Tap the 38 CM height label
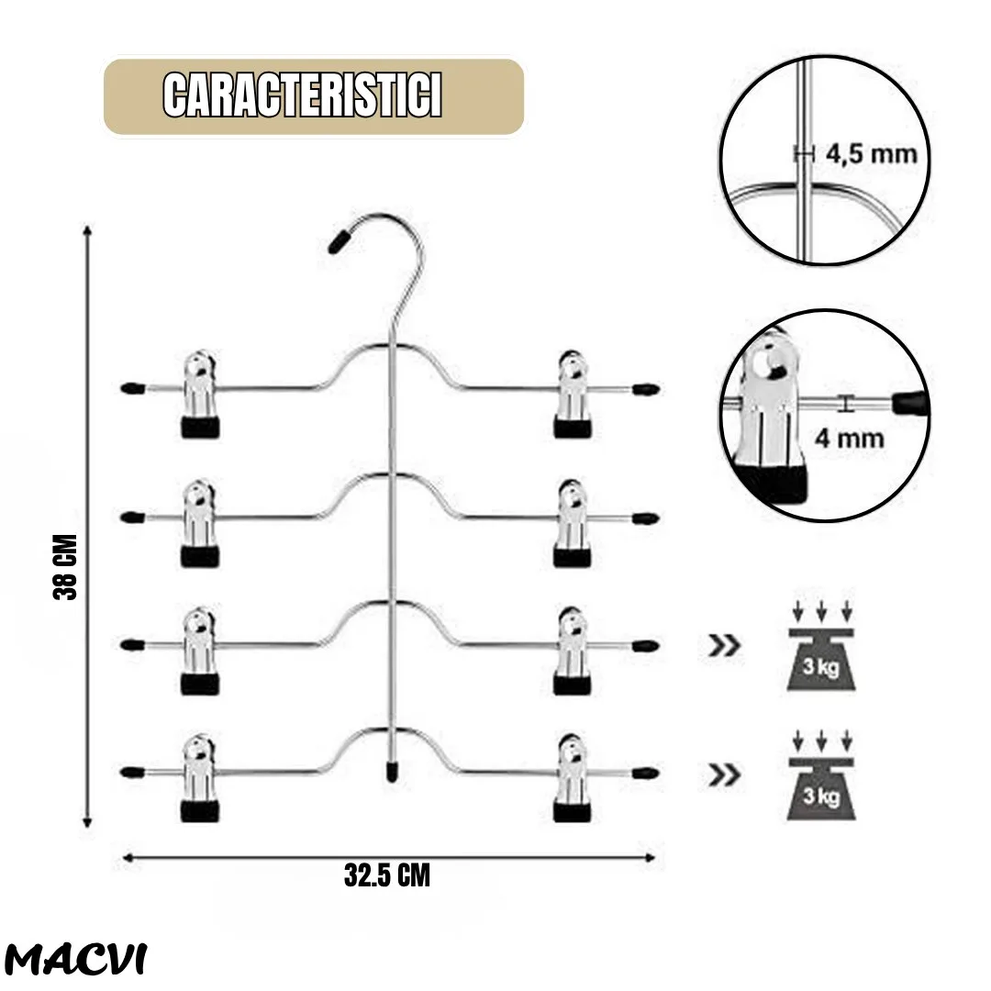(65, 567)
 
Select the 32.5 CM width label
(387, 875)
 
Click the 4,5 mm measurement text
(871, 154)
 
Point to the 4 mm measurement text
(849, 438)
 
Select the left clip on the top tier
(200, 393)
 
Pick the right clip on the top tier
(573, 393)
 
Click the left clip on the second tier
(200, 523)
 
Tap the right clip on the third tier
(573, 651)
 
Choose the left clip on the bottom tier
(200, 778)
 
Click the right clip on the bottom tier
(573, 778)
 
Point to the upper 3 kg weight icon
(821, 647)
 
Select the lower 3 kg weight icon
(821, 776)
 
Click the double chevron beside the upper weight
(724, 646)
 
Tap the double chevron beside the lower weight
(724, 774)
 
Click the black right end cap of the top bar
(646, 389)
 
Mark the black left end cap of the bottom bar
(132, 772)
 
